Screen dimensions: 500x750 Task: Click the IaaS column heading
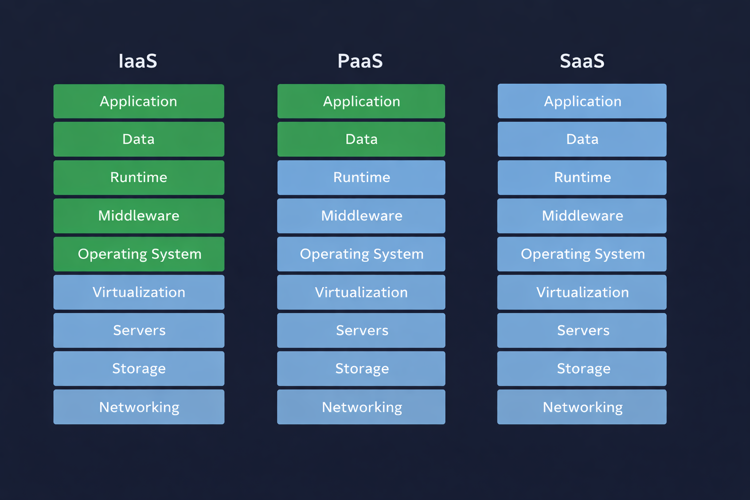138,61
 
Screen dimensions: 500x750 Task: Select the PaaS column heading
360,61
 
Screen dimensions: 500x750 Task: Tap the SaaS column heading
582,61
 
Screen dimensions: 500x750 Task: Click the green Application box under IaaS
139,101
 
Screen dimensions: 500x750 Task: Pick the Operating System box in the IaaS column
139,254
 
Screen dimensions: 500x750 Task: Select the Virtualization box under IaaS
139,292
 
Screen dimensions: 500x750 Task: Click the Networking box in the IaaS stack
139,407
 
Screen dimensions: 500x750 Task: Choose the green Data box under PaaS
361,139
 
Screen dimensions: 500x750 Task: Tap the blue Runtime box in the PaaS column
361,177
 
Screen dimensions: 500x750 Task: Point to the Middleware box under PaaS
361,215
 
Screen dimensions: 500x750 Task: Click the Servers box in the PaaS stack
361,330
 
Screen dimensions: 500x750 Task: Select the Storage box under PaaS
361,369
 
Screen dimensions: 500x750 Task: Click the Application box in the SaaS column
582,101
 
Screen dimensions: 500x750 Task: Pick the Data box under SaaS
582,139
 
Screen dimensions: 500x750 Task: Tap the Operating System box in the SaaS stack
582,254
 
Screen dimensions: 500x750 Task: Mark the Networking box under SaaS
582,407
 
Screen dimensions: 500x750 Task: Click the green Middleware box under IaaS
139,215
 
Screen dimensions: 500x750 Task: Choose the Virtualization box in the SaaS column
582,292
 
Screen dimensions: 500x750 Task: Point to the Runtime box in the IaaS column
139,177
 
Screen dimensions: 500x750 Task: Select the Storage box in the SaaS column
582,369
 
